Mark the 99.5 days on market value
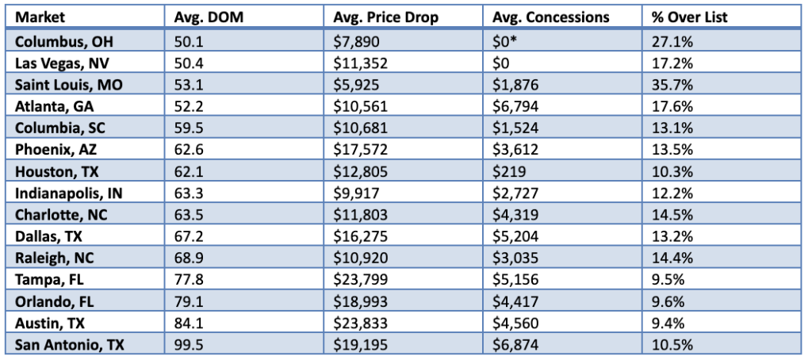187,344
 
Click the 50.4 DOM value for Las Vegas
187,60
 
